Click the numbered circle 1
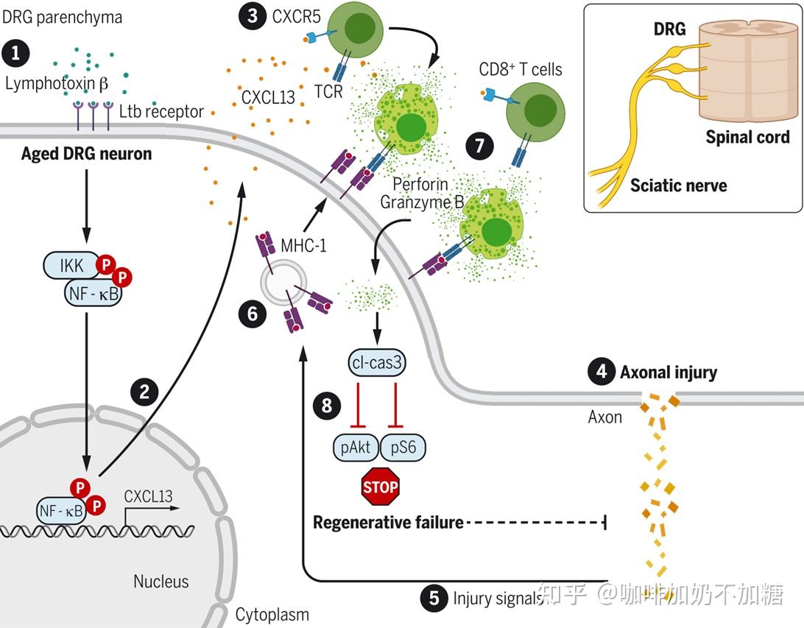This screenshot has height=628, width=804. click(x=15, y=53)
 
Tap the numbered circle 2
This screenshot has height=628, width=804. click(x=144, y=391)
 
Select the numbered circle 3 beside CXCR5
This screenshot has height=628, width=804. click(x=252, y=17)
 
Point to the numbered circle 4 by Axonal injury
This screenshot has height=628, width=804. click(x=601, y=373)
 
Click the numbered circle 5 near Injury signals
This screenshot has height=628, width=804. click(x=434, y=598)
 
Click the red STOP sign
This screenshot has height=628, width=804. click(x=381, y=487)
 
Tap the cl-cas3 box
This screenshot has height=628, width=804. click(x=377, y=362)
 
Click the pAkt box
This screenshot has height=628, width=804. click(x=356, y=448)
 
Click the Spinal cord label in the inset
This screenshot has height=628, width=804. click(x=747, y=137)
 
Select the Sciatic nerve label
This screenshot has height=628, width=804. click(x=678, y=186)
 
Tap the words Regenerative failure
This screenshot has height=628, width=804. click(x=388, y=523)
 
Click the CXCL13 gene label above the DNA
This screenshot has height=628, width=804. click(x=148, y=496)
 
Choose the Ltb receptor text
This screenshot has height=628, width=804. click(x=161, y=112)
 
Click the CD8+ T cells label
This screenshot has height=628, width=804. click(x=521, y=70)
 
